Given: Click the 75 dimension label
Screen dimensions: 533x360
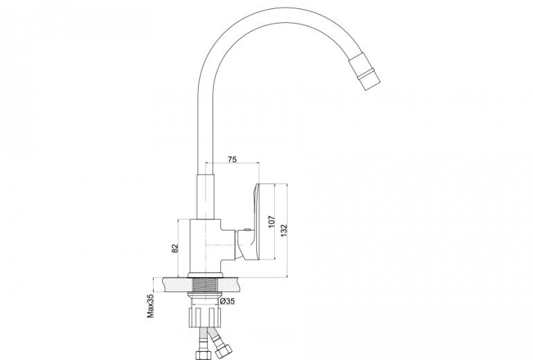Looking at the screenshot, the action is coord(232,159).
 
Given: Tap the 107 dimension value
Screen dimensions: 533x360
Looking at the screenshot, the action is coord(271,222).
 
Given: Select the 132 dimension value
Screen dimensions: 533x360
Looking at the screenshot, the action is coord(284,230).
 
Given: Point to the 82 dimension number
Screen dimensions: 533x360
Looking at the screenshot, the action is coord(174,249).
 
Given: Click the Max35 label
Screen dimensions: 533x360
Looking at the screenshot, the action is coord(150,306).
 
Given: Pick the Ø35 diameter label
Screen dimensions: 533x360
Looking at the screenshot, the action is coord(228,301).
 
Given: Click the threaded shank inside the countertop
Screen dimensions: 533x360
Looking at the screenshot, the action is coord(206,285).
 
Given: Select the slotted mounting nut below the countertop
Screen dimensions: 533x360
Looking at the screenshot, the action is coord(205,317).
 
